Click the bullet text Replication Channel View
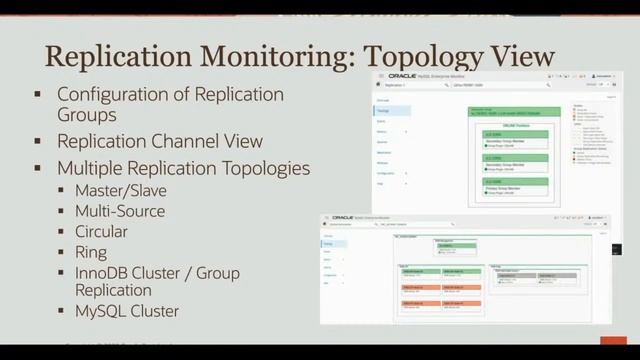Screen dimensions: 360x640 point(160,141)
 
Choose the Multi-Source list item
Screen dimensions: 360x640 point(119,211)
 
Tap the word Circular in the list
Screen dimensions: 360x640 point(103,231)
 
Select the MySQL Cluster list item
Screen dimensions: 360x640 point(127,311)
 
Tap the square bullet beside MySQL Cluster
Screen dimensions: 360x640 point(63,311)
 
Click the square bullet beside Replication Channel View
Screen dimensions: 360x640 point(37,141)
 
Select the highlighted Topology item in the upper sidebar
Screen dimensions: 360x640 point(382,113)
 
